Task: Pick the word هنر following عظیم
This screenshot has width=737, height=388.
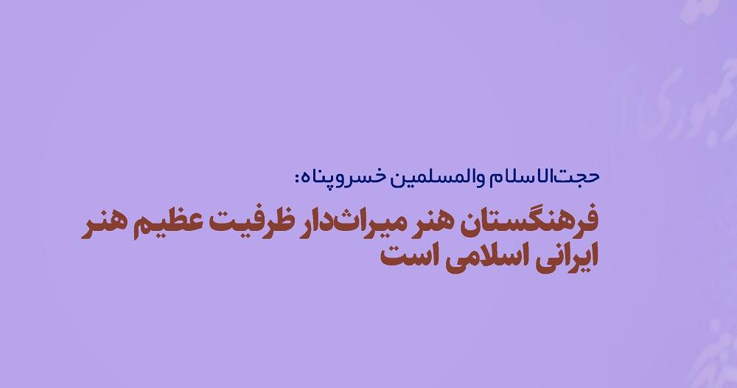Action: point(107,224)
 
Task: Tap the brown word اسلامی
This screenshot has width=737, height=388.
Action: point(475,260)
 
